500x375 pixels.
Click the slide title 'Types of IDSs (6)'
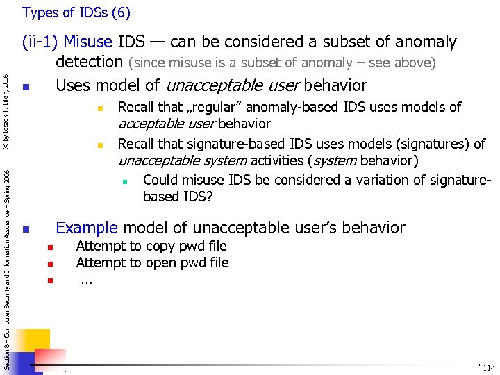[76, 12]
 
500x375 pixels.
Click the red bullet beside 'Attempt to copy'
[50, 247]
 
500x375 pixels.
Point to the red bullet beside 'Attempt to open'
[50, 264]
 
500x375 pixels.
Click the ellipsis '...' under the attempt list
[86, 281]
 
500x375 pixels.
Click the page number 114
[488, 367]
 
